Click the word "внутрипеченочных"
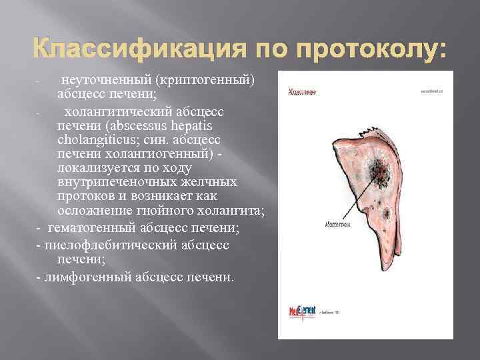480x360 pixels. [117, 182]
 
